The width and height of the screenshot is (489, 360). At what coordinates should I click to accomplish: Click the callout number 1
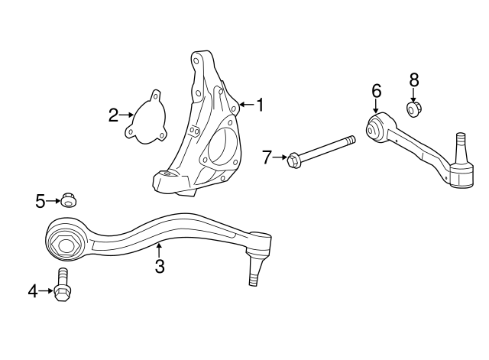(260, 105)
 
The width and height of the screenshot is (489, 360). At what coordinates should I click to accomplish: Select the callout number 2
(113, 115)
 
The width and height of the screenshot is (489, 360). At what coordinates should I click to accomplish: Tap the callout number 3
(159, 266)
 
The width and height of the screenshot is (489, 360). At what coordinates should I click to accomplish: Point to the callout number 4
(33, 290)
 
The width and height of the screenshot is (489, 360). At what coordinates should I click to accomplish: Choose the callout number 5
(40, 201)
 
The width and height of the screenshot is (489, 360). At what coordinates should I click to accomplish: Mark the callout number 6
(376, 91)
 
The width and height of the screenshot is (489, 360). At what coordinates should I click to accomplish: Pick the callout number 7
(267, 157)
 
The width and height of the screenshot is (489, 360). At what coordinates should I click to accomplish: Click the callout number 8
(414, 79)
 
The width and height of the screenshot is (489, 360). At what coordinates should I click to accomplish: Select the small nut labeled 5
(69, 201)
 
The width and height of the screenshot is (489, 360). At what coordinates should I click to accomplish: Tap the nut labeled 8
(414, 110)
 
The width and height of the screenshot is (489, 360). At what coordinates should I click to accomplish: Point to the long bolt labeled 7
(321, 151)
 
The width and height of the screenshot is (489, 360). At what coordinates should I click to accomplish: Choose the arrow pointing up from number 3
(159, 249)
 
